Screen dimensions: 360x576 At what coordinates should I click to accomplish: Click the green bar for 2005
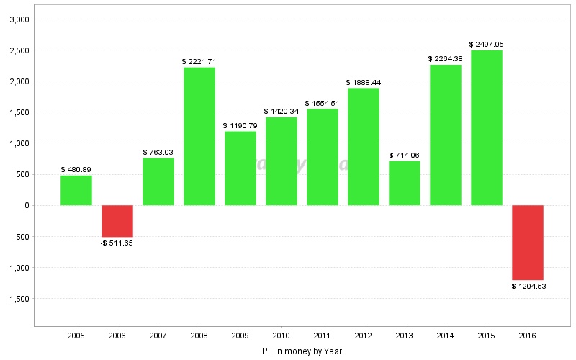pos(76,190)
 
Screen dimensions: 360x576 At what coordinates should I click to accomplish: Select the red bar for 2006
pos(117,221)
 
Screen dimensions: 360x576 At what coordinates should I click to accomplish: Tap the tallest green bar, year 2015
pos(487,128)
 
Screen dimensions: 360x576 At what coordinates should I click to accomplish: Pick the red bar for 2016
pos(528,243)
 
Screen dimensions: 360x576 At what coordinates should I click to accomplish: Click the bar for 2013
pos(405,183)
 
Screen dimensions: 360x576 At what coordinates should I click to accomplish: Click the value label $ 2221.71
pos(199,62)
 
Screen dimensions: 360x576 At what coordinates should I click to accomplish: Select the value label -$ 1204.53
pos(528,287)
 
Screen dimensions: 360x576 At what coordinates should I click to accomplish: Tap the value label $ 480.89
pos(76,170)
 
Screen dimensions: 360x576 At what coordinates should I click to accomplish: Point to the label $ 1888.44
pos(364,83)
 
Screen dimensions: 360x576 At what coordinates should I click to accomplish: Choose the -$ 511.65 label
pos(117,243)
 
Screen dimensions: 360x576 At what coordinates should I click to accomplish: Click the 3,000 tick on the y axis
pos(18,19)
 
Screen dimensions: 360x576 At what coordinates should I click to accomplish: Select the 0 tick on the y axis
pos(27,205)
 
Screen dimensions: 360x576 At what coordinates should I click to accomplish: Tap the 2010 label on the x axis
pos(282,336)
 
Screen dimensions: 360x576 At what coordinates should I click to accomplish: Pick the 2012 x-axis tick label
pos(364,336)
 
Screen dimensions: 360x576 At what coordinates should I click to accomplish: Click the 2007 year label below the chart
pos(158,336)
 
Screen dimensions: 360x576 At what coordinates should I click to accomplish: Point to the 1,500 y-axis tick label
pos(18,112)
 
